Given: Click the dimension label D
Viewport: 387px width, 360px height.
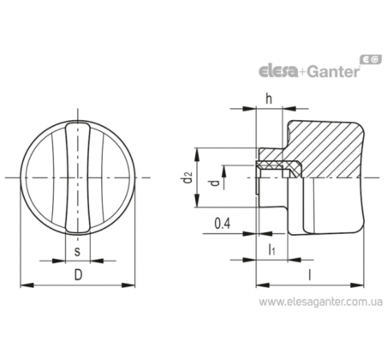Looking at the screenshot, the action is [78, 275].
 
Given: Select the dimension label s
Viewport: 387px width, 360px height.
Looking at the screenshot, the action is [77, 251].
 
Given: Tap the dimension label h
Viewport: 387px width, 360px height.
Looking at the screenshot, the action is [269, 99].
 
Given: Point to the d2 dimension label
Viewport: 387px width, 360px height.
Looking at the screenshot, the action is [188, 177].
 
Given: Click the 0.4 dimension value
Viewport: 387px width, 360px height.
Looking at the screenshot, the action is [223, 224].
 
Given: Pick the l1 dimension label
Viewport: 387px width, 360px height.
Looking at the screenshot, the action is [271, 249].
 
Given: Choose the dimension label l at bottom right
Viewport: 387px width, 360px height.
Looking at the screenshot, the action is [309, 275].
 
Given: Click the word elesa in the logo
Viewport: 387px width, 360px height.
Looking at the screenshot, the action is [278, 71].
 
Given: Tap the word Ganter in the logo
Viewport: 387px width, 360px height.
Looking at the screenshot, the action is [333, 71].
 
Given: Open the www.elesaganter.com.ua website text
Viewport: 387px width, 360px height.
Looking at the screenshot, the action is [321, 302].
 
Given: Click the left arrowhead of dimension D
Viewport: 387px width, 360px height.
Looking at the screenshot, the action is [27, 285].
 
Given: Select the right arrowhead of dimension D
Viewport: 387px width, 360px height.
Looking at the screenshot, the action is [128, 285].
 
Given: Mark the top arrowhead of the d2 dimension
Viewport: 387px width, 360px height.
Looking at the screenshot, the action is [197, 155].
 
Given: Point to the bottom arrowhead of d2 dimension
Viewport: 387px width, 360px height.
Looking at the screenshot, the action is [197, 201].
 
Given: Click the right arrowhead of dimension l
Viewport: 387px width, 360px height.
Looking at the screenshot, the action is [357, 285].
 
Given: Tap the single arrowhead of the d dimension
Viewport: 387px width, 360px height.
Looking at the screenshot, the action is [224, 172].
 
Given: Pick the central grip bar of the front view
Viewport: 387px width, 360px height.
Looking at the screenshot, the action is [78, 177].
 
